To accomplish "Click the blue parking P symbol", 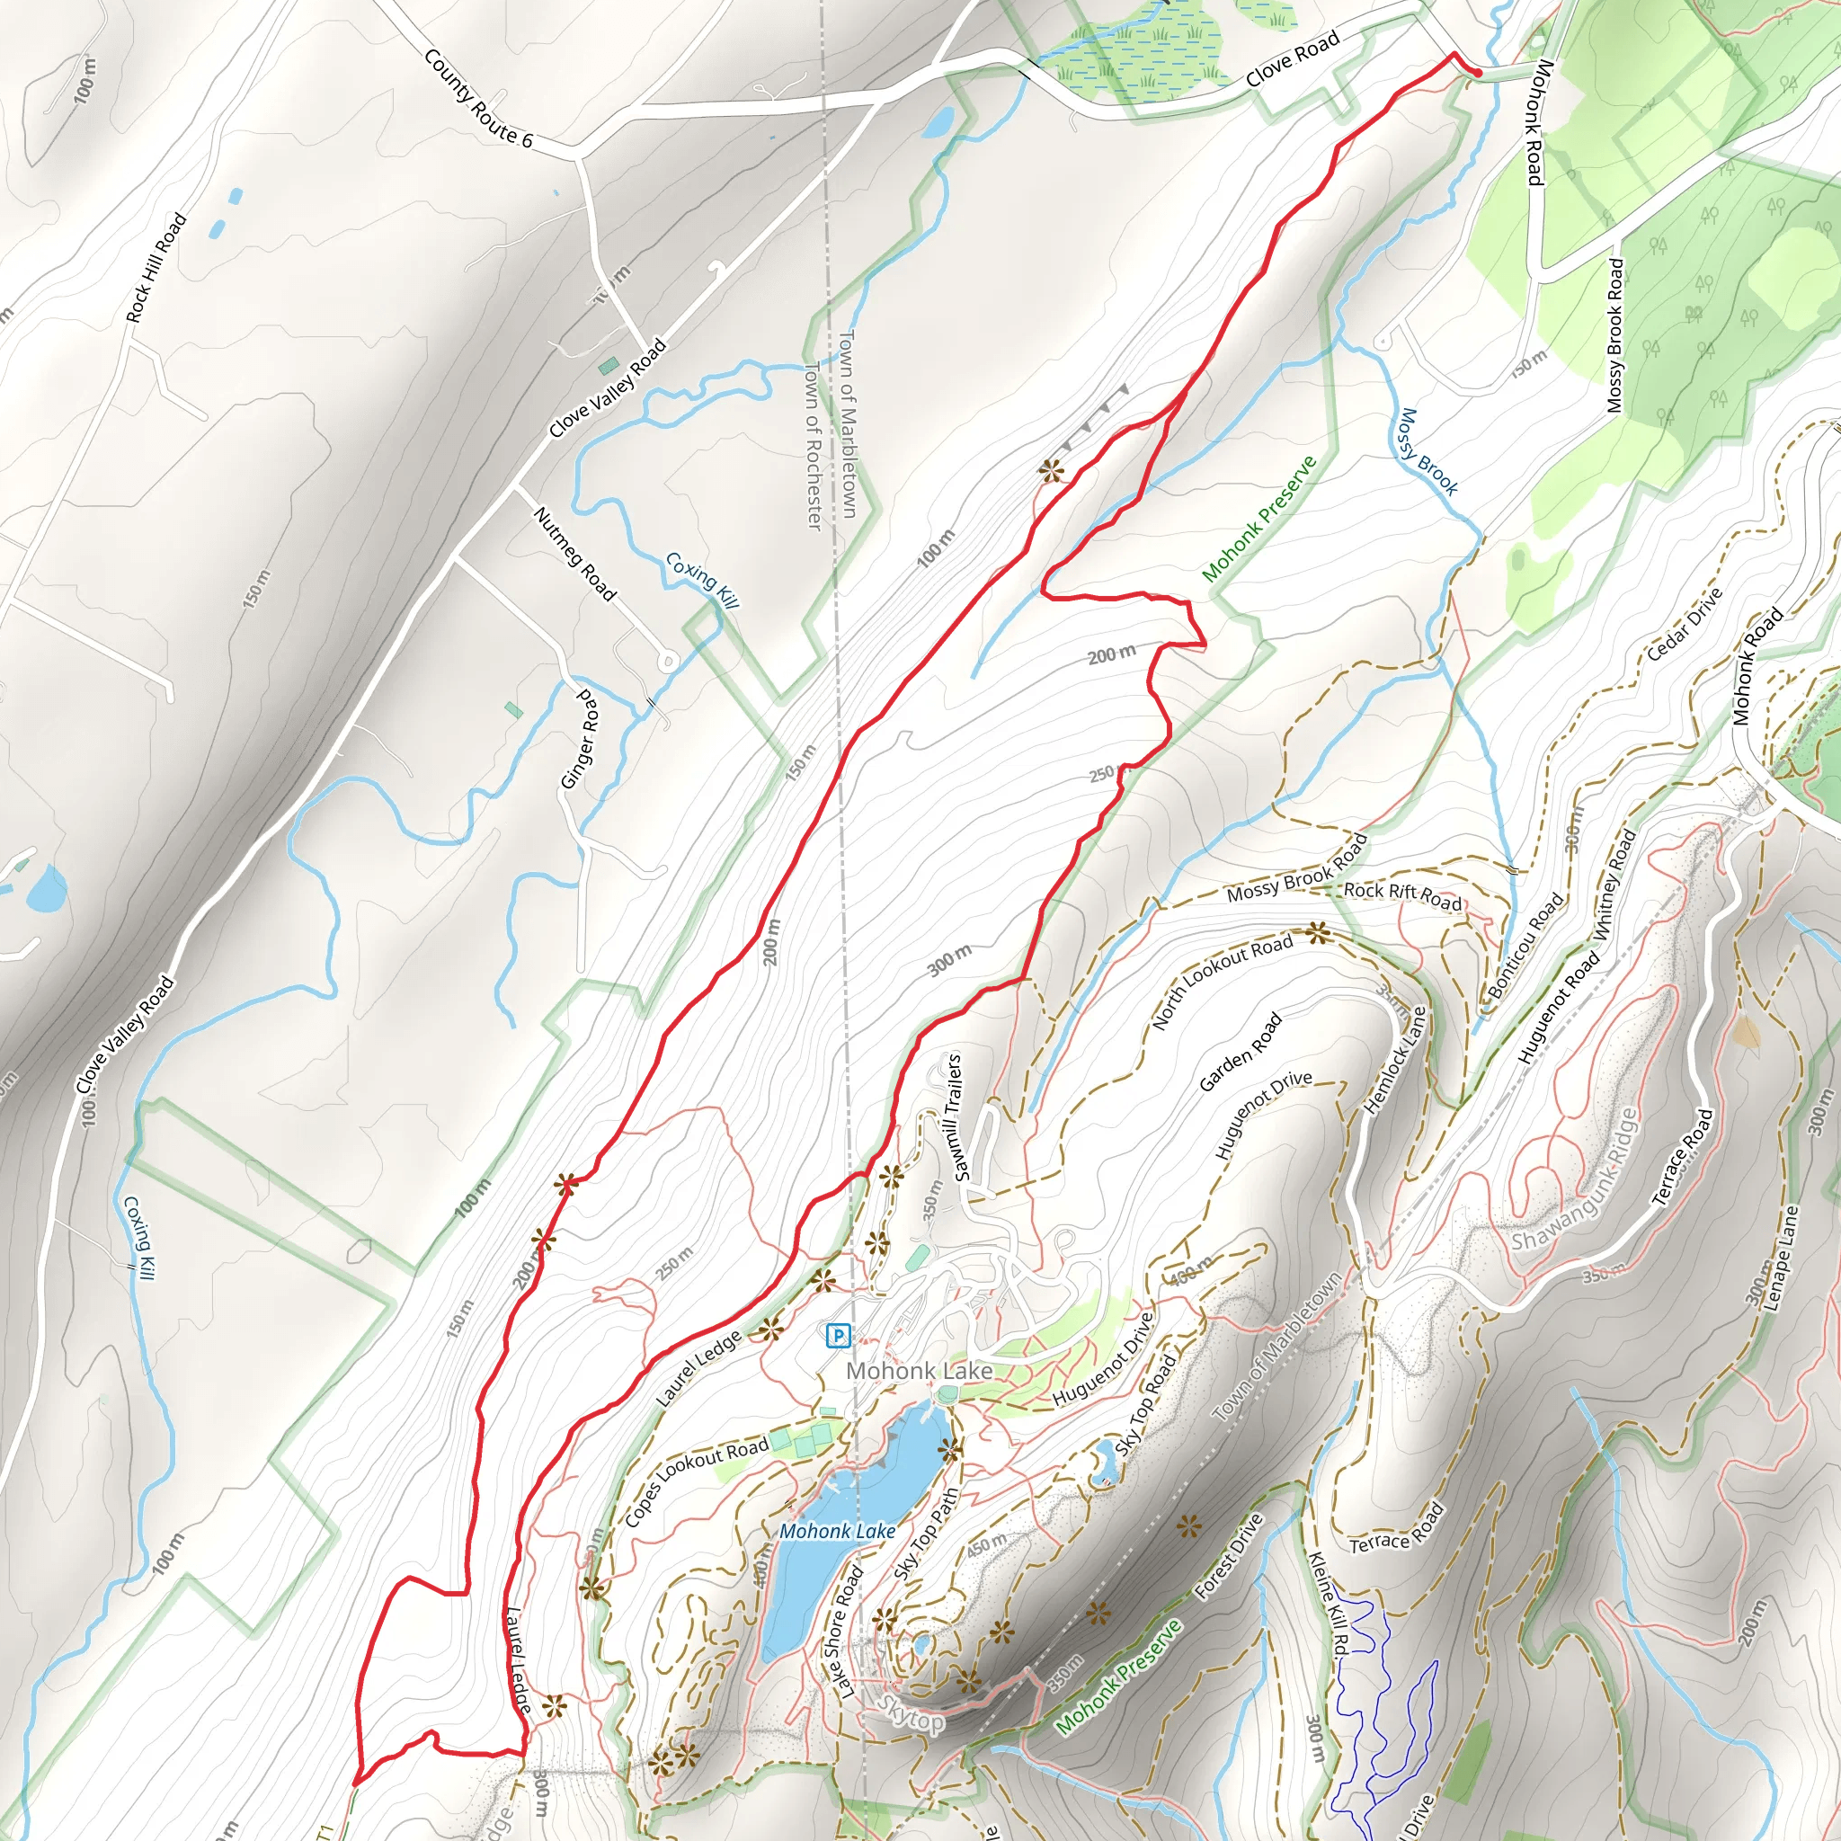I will [x=837, y=1336].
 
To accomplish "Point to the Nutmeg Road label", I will [x=574, y=554].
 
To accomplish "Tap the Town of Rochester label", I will [x=813, y=445].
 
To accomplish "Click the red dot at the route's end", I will [x=1477, y=73].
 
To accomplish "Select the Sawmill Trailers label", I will [x=957, y=1116].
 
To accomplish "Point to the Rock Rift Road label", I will [x=1401, y=894].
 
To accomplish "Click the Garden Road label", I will [x=1240, y=1052].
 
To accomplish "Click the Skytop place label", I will [x=911, y=1714].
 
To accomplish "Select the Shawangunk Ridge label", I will [x=1574, y=1180].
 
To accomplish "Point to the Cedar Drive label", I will [x=1685, y=624].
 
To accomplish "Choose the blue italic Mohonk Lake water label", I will [x=837, y=1530].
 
